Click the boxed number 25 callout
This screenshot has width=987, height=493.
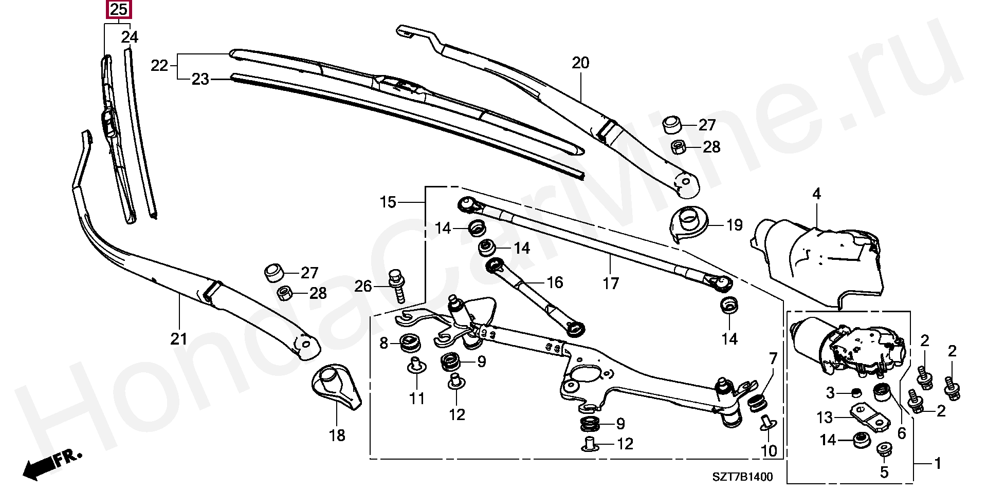coord(118,10)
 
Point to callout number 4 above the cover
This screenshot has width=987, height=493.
coord(816,195)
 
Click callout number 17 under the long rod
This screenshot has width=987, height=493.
coord(611,283)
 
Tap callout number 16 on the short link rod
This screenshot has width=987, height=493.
coord(555,282)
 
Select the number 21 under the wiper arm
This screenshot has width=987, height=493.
coord(179,339)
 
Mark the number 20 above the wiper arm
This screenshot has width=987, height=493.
coord(580,64)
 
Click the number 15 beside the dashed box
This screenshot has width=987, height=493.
coord(388,202)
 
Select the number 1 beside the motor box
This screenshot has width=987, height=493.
coord(937,464)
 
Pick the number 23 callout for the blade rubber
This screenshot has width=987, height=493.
coord(200,80)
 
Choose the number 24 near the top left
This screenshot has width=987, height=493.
coord(130,37)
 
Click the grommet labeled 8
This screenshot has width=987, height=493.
coord(410,343)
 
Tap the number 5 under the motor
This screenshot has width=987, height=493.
coord(884,471)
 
